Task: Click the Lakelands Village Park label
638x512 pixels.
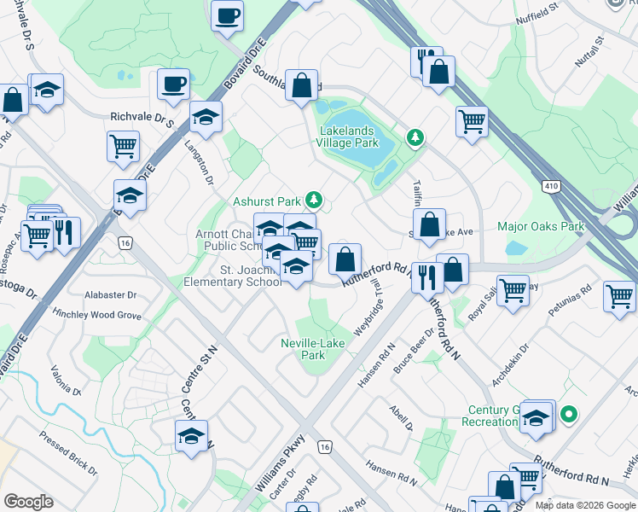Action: (x=349, y=137)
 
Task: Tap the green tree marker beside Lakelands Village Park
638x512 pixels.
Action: (x=415, y=137)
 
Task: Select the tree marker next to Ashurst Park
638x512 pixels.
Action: (x=315, y=200)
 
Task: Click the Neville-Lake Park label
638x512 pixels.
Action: (x=314, y=349)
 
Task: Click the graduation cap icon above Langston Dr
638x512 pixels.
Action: (x=206, y=117)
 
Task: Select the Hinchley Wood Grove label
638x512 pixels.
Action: (x=95, y=315)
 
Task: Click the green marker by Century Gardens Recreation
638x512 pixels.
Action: (x=569, y=416)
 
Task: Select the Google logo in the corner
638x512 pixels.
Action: (x=28, y=502)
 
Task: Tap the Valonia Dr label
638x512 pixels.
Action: (x=65, y=381)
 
